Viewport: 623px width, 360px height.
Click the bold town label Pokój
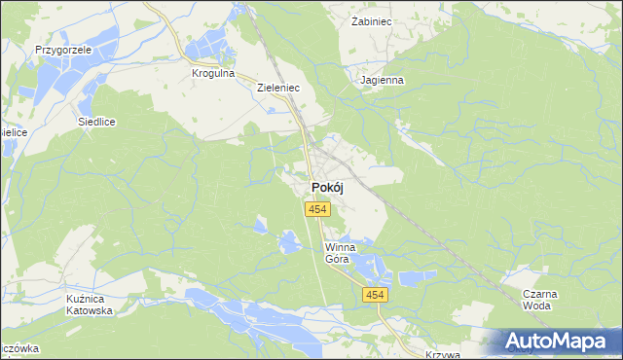point(327,188)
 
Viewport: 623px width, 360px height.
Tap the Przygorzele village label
point(62,49)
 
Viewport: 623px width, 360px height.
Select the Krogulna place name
point(214,73)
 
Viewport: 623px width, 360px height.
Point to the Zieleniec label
point(277,87)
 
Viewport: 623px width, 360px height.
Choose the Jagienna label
point(381,81)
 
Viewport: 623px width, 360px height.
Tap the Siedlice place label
point(97,123)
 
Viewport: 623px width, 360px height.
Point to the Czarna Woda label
point(537,299)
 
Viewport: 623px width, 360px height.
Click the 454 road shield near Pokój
point(316,209)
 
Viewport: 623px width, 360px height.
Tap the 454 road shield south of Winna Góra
point(375,294)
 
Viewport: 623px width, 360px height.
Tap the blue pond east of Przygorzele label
point(117,71)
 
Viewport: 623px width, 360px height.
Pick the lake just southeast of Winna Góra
point(367,264)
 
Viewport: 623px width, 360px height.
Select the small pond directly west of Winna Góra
point(290,241)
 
